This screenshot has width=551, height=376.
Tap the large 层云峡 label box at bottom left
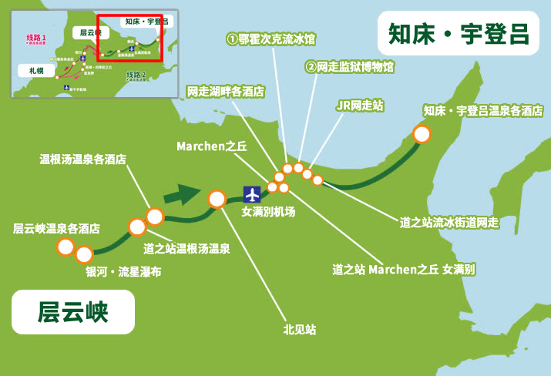73,312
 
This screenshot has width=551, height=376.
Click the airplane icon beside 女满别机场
252,193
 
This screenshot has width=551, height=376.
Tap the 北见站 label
300,330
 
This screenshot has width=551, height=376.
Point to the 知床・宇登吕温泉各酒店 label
483,111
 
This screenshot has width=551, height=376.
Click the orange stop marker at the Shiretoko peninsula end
422,134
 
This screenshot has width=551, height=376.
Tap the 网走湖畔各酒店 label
226,91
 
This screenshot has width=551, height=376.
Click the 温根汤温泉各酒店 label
83,159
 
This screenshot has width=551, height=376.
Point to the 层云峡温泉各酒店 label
56,229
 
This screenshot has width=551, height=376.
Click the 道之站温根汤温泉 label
187,248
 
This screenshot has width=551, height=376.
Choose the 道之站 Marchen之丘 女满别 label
404,270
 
